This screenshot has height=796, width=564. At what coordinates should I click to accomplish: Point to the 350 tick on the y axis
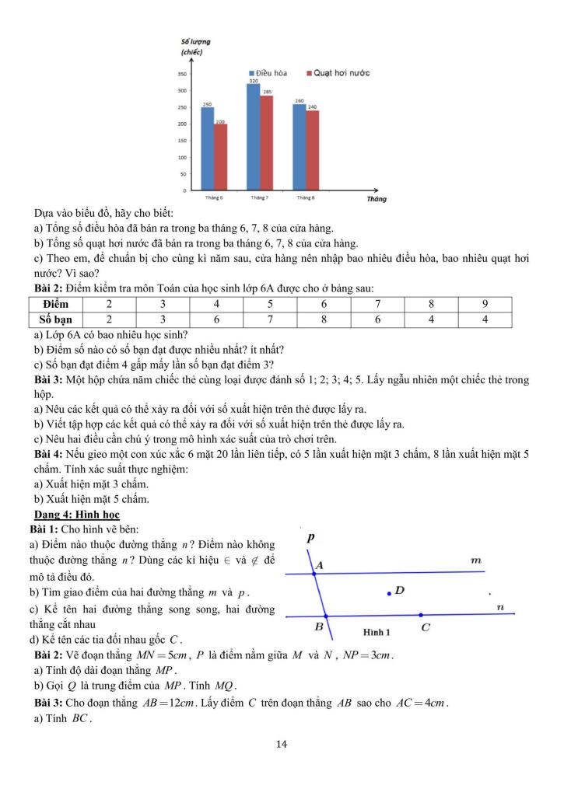point(182,75)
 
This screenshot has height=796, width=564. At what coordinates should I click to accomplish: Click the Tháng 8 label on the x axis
point(306,197)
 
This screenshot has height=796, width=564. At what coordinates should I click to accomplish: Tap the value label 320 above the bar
point(254,80)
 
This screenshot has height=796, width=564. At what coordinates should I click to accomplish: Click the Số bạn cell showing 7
point(268,319)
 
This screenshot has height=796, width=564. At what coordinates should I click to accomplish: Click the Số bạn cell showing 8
point(323,319)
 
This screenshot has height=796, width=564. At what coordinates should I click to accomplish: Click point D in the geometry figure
point(389,594)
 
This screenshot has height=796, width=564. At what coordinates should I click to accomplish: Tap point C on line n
point(421,615)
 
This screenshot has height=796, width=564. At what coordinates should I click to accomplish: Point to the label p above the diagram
point(310,536)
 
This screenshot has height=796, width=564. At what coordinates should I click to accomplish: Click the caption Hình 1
point(377,632)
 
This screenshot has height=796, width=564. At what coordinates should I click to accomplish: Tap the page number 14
point(282,745)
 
